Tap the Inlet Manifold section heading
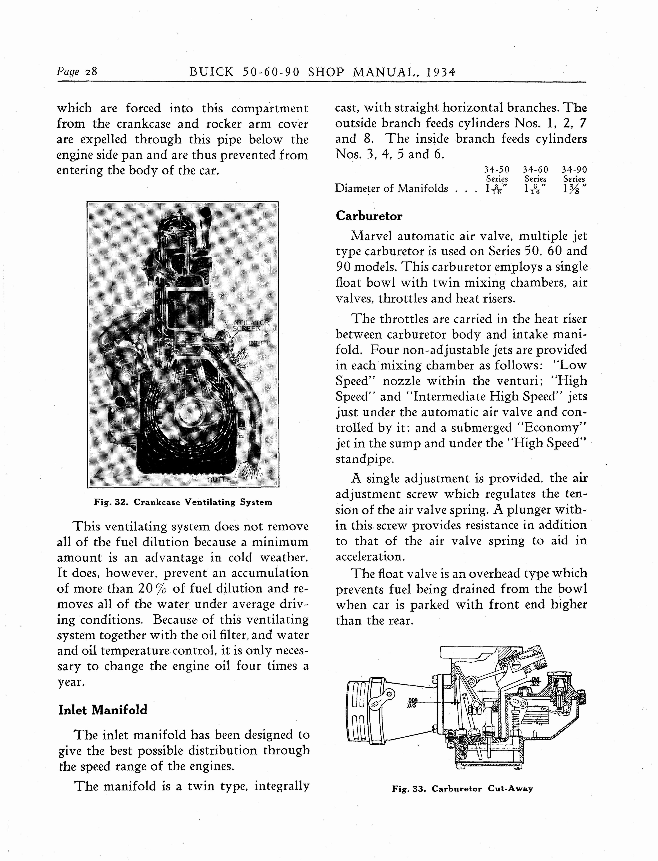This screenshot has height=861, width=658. click(103, 710)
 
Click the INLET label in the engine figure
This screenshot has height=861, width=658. click(259, 343)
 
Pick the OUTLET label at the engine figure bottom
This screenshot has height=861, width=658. click(221, 480)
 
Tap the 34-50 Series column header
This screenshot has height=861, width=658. click(497, 174)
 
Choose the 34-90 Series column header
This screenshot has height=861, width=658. click(574, 174)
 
